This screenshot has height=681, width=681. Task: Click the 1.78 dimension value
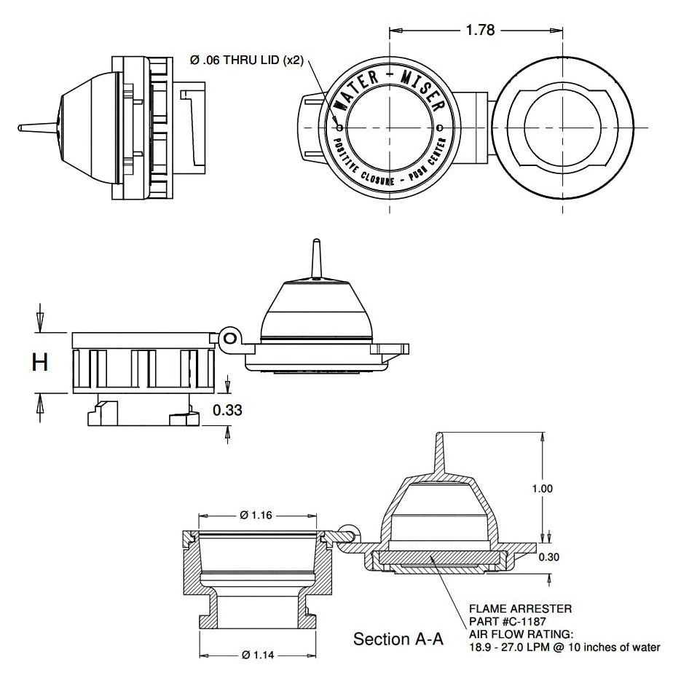coord(479,30)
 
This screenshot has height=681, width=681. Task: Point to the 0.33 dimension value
coord(227,410)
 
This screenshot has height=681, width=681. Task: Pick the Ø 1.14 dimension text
coord(256,654)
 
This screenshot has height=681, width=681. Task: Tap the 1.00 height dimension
coord(543,489)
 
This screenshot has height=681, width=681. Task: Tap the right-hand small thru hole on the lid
coord(440,127)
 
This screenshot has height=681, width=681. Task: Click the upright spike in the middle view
coord(316,259)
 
